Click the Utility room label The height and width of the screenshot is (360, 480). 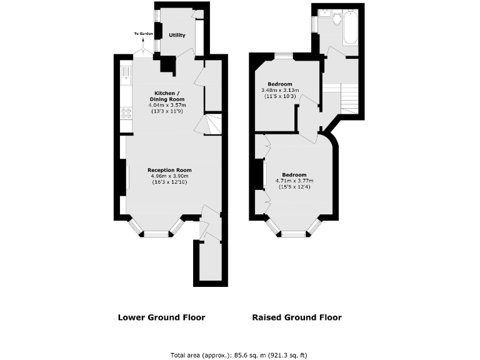177,35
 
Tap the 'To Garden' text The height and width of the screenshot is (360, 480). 142,34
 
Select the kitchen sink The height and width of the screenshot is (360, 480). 126,74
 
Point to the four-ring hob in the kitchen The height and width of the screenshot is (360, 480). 126,113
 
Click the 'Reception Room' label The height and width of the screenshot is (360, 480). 169,170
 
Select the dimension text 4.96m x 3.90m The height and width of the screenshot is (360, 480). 169,176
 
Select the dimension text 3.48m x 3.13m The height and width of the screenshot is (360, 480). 280,91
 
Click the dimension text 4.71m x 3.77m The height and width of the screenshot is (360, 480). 294,181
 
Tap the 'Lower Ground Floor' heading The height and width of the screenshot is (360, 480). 161,317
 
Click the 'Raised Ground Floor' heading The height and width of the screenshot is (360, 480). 297,317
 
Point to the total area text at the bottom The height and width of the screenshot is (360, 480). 239,355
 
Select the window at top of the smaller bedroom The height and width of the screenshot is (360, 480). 284,56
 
